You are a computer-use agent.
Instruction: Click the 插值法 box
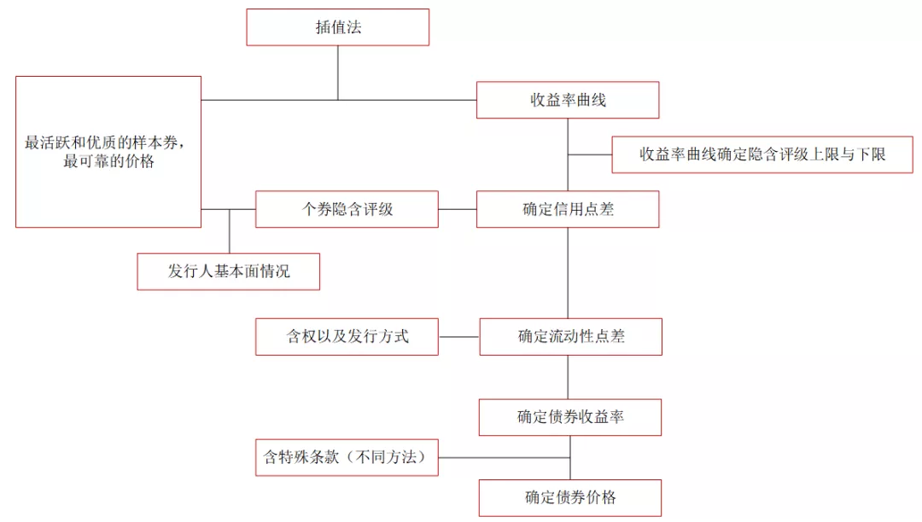(337, 27)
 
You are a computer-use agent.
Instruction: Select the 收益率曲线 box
(568, 100)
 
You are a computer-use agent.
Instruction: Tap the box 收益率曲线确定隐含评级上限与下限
(762, 154)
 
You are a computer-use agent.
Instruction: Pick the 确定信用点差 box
(568, 209)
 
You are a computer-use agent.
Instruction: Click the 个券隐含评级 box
(347, 209)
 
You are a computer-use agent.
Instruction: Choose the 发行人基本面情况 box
(229, 271)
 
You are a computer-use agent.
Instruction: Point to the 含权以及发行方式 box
(347, 336)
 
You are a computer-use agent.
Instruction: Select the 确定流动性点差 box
(570, 336)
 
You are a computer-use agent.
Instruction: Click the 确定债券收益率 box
(570, 417)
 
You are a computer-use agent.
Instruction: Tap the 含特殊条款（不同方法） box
(347, 457)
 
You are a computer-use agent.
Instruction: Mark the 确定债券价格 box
(570, 497)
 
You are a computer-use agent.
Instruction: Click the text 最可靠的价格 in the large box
(108, 161)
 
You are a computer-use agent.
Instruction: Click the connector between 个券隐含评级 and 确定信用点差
(457, 209)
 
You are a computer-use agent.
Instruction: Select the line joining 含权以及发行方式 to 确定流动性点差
(458, 336)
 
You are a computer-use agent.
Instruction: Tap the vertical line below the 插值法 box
(338, 72)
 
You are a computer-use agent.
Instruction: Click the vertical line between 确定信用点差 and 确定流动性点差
(569, 272)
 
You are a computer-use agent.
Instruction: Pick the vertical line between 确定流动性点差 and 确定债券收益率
(569, 376)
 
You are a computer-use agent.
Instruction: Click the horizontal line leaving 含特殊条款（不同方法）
(504, 457)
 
